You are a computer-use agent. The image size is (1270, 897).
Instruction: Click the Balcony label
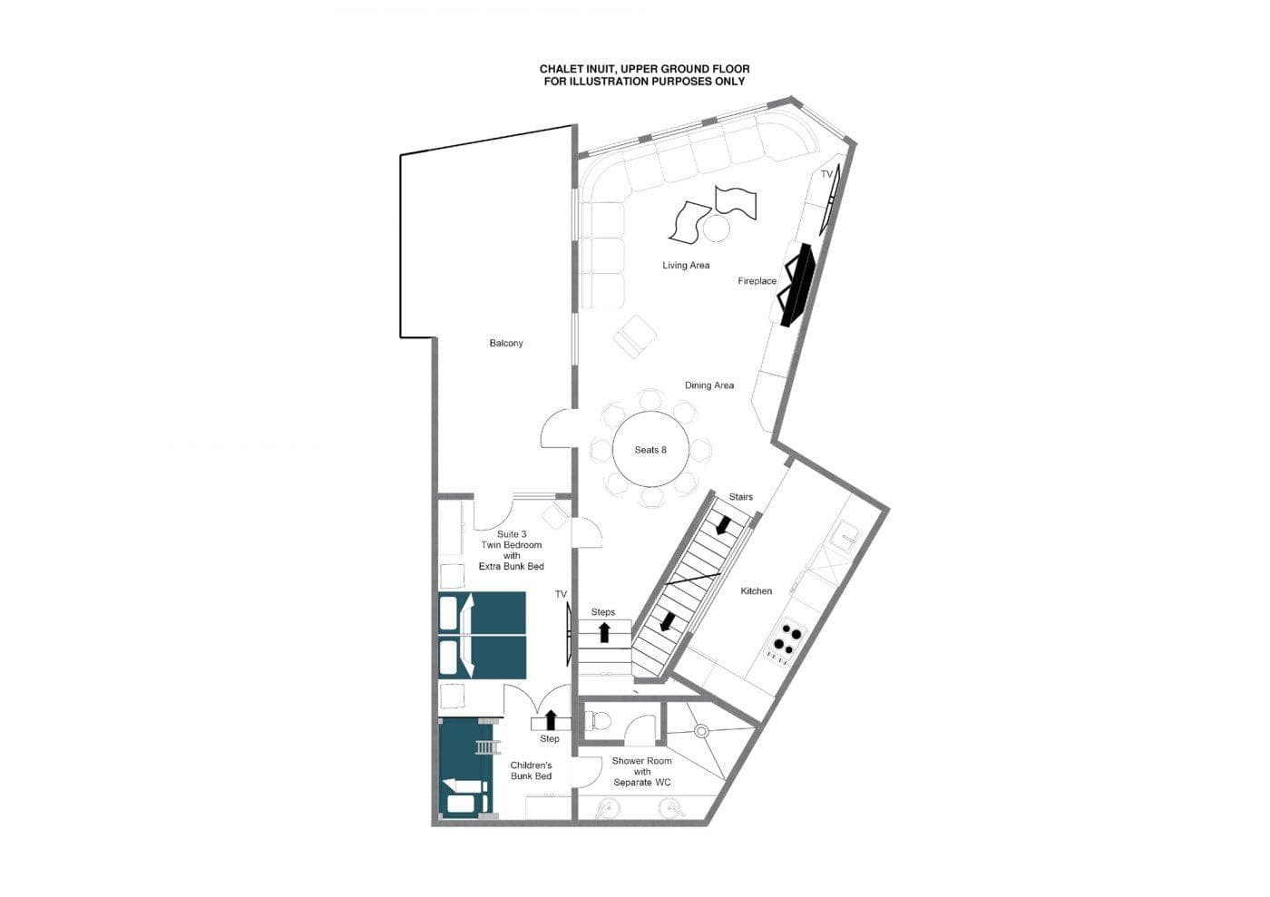(506, 343)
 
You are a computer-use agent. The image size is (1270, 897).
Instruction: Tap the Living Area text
(686, 265)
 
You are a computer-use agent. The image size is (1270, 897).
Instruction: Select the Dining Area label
(709, 385)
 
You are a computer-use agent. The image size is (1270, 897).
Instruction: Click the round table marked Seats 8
(650, 450)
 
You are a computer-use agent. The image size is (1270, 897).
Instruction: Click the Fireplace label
(757, 281)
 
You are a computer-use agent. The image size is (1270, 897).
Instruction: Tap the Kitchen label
(756, 591)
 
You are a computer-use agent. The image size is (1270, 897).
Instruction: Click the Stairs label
(741, 497)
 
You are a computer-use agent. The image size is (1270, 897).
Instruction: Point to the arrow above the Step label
(550, 720)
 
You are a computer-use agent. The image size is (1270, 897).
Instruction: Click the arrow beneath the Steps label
(604, 632)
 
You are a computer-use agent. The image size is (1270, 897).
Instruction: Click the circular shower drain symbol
(700, 730)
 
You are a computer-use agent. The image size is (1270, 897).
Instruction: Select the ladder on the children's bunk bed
(486, 747)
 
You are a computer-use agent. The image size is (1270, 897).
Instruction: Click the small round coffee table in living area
(716, 228)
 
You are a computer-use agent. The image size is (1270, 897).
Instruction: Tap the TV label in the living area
(826, 174)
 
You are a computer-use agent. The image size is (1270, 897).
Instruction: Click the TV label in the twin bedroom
(561, 595)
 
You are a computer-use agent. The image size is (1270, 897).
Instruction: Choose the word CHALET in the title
(562, 69)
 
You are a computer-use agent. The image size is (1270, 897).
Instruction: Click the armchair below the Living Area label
(634, 336)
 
